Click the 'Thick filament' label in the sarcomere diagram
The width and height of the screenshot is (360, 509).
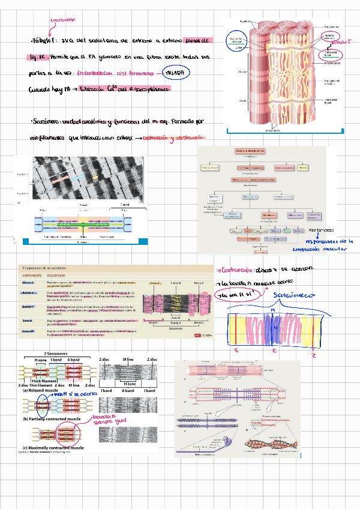pyautogui.click(x=43, y=379)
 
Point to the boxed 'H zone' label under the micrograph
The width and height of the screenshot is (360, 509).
pyautogui.click(x=130, y=384)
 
